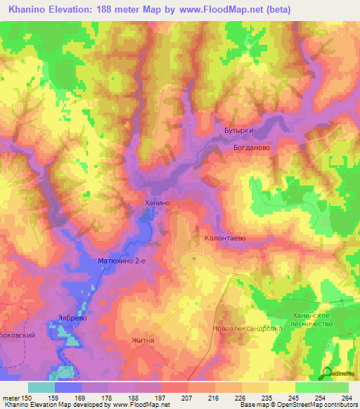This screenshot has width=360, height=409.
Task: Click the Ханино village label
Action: [x=157, y=202]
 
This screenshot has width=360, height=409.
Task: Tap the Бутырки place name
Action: [x=238, y=131]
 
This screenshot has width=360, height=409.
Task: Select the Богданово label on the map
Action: [x=252, y=148]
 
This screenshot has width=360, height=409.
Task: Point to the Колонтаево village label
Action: [x=224, y=239]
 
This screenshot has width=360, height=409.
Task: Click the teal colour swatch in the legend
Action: [x=41, y=387]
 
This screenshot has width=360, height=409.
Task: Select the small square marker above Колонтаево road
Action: [x=195, y=258]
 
